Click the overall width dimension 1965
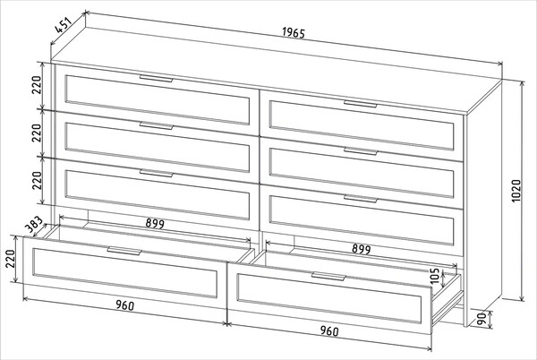coord(294,32)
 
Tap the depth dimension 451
coord(64,25)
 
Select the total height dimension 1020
coord(516,191)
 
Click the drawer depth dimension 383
coord(35,225)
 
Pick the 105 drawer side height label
coord(434,276)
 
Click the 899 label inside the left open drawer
coord(155,223)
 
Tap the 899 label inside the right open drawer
coord(362,249)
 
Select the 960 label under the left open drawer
coord(124,304)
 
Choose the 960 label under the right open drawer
coord(329,330)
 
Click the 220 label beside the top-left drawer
coord(37,85)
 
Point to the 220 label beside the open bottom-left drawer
coord(10,259)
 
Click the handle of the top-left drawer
coord(156,79)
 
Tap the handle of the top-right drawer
coord(361,104)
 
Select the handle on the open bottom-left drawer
coord(124,251)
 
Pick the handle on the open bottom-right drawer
coord(328,276)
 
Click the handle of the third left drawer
coord(156,174)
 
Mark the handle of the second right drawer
coord(361,151)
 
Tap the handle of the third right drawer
coord(361,199)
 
